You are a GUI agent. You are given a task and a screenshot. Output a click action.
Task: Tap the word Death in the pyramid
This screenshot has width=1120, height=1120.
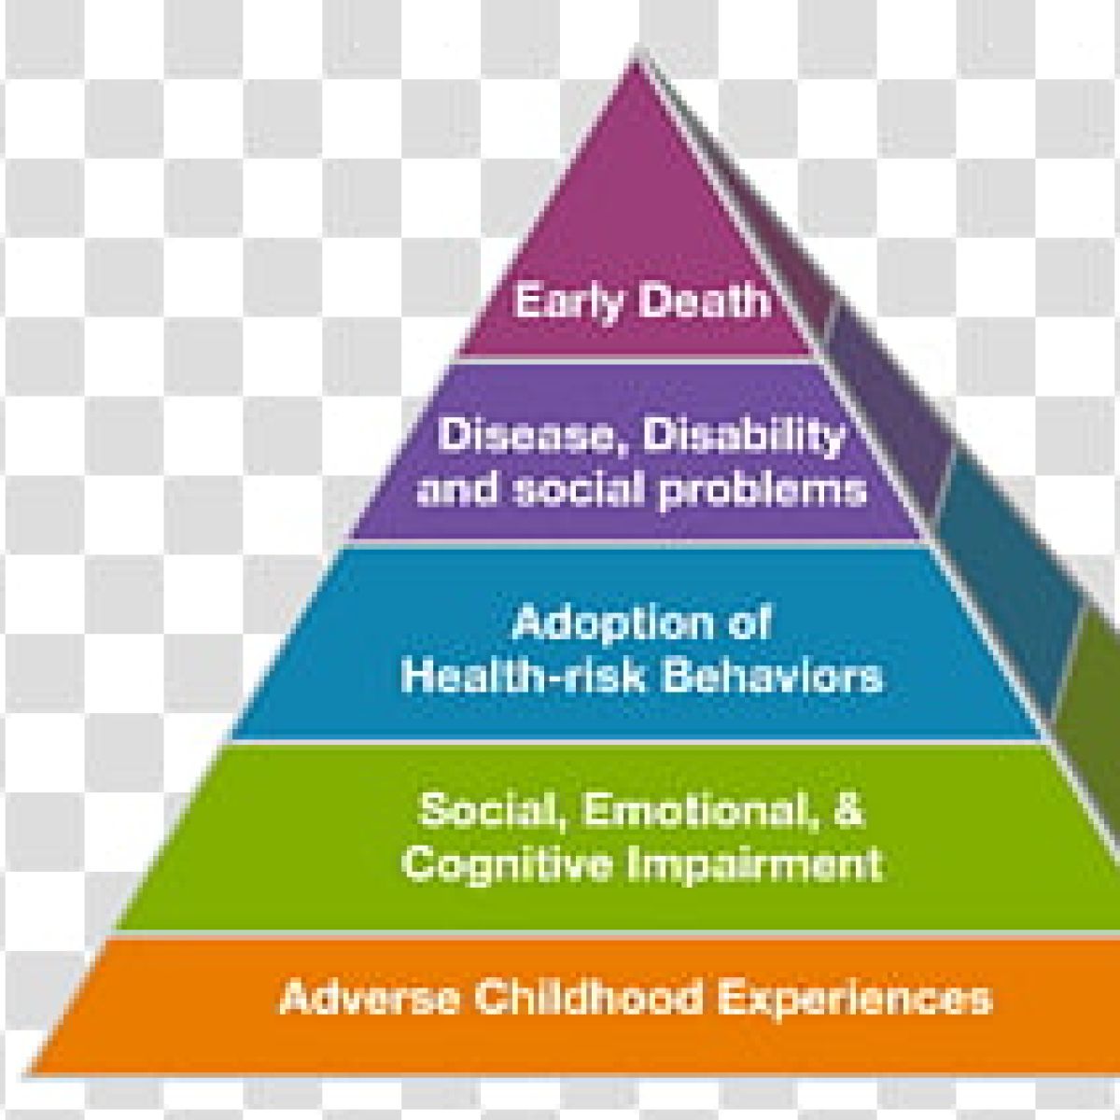705,301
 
